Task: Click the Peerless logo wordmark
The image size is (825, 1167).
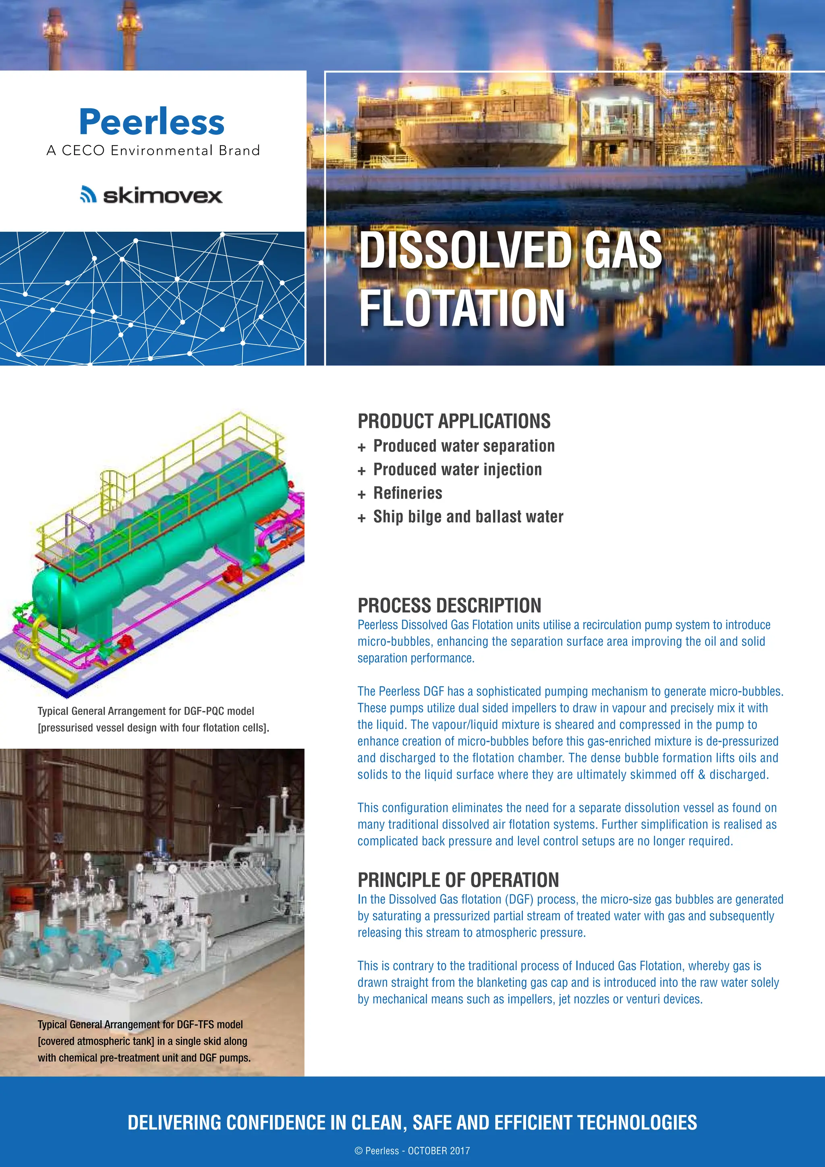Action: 151,122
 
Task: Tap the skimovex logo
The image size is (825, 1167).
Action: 151,195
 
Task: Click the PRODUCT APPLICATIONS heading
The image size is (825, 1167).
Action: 454,422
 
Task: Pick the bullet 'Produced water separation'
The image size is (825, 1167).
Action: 464,446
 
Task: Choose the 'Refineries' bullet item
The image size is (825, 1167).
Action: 407,493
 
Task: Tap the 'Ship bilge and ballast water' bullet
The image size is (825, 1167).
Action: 468,517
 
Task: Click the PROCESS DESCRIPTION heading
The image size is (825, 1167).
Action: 449,605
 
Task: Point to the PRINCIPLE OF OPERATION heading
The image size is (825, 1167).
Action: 458,880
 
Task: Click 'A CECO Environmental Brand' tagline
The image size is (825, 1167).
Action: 153,150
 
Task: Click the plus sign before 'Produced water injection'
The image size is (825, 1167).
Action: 361,471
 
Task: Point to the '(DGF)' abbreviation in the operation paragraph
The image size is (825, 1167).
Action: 519,899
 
